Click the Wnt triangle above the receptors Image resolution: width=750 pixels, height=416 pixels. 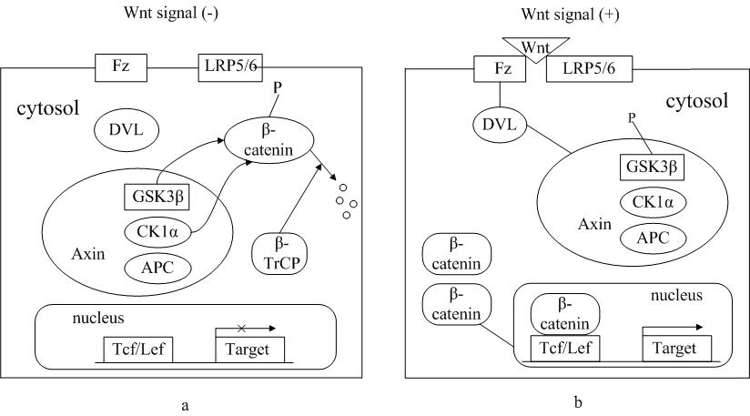535,49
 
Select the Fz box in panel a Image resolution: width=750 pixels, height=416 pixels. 121,67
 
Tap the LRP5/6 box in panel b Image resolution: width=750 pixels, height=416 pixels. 589,69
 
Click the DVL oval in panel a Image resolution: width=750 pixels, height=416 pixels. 127,129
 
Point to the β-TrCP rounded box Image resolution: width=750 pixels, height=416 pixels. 279,253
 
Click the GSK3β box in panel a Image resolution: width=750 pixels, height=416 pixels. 157,197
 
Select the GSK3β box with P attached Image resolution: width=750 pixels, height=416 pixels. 652,167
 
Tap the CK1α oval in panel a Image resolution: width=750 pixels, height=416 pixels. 157,232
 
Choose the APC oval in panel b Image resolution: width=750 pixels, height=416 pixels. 653,238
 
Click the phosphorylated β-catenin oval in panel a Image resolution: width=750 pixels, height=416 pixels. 269,139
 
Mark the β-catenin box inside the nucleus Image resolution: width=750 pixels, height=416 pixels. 565,314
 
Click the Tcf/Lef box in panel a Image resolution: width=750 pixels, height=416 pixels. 138,350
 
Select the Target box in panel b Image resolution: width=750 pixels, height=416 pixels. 676,348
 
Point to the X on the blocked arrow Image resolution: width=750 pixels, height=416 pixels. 241,328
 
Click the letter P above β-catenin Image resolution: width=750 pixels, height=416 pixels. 277,88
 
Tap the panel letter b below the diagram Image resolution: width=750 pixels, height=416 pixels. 578,402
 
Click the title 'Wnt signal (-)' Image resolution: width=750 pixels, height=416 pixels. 171,13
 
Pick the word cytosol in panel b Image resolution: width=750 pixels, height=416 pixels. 697,101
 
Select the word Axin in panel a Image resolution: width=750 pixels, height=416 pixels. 88,253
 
